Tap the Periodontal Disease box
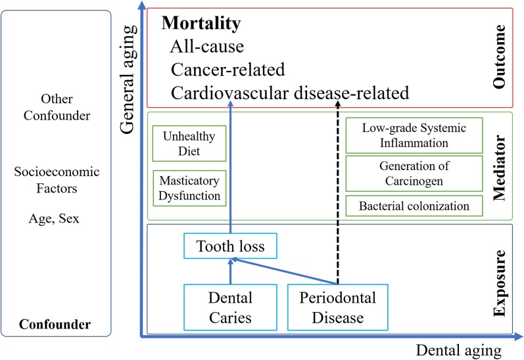[339, 307]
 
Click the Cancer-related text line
[227, 70]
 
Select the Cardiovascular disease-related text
[290, 93]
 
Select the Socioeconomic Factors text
[57, 180]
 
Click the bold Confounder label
[55, 325]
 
